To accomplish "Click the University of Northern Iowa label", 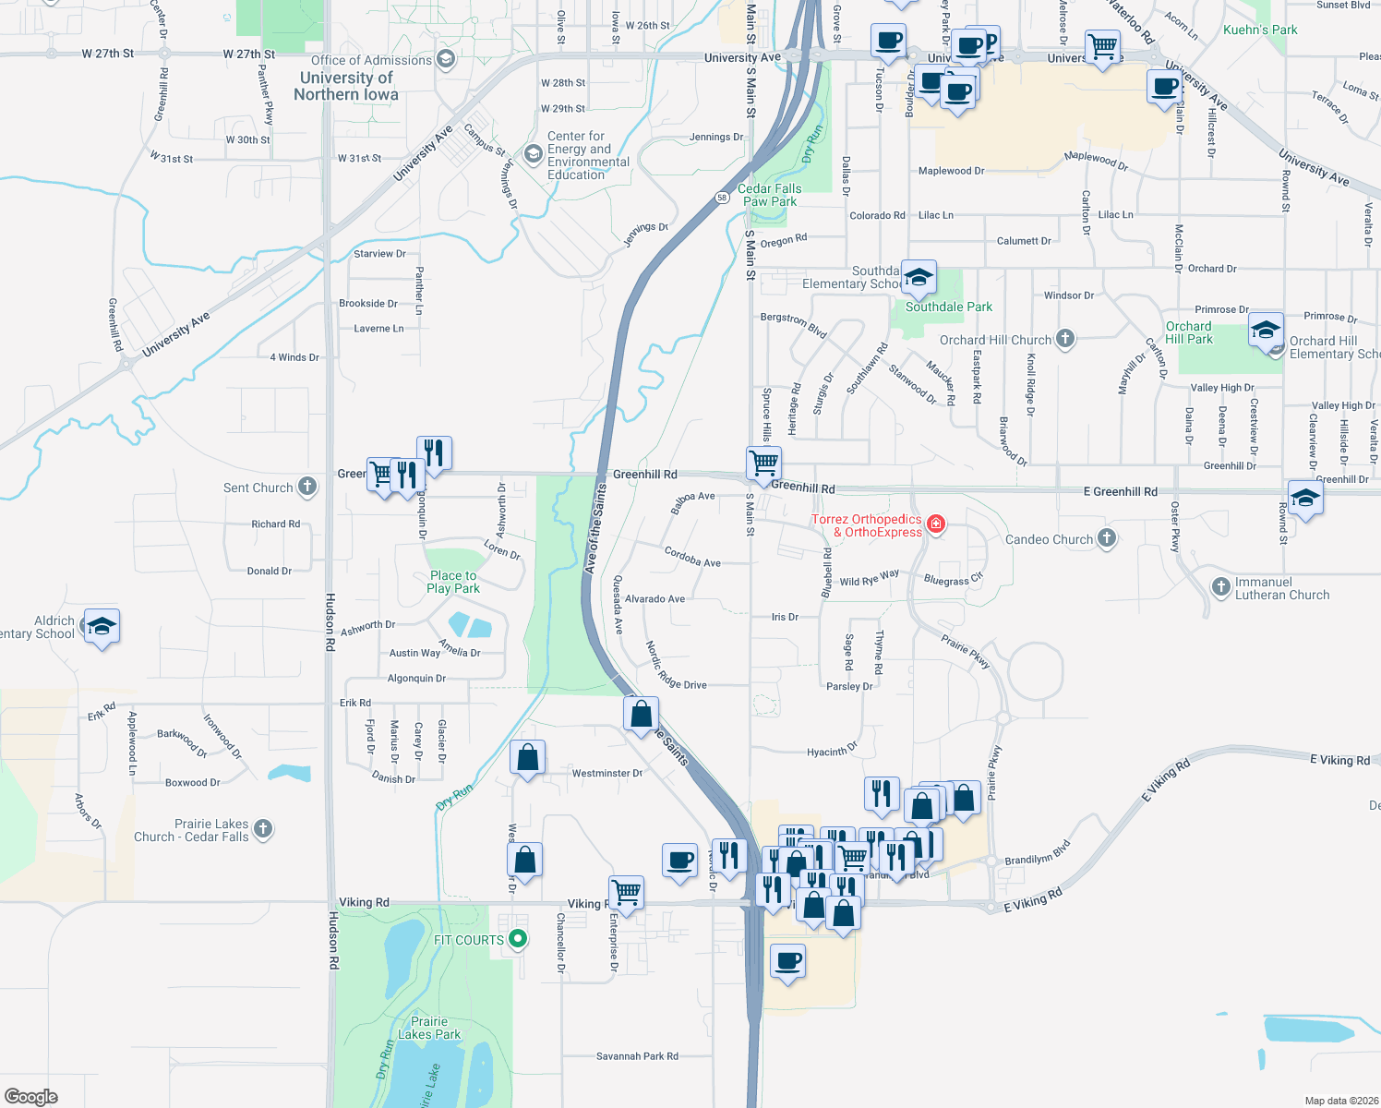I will coord(346,86).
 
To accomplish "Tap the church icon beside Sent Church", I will coord(307,487).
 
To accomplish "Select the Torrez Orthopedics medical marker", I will coord(936,524).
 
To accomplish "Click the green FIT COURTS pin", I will coord(518,939).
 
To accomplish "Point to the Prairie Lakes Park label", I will coord(429,1028).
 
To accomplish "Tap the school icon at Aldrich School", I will coord(102,627).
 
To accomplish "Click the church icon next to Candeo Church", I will coord(1107,538).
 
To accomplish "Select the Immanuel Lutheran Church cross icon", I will coord(1220,586).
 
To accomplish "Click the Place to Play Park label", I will coord(453,582).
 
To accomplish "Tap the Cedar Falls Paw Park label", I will coord(769,195).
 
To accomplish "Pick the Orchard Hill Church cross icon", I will coord(1064,339).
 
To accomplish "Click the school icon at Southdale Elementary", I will coord(918,277).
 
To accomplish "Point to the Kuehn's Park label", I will coord(1260,30).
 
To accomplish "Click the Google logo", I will coord(31,1096).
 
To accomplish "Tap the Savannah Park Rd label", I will coord(637,1056).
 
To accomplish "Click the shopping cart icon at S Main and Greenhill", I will coord(763,462).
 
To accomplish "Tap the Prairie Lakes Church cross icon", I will coord(263,828).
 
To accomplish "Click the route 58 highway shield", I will coord(722,198).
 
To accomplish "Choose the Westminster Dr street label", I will coord(606,774).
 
